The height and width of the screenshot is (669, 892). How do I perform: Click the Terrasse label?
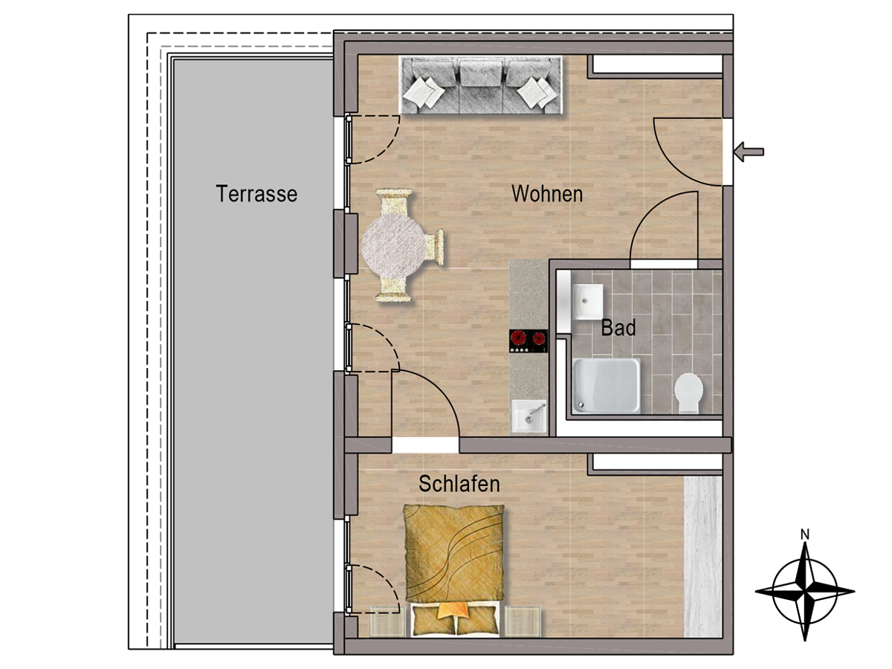tap(256, 193)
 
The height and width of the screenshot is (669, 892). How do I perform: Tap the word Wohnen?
tap(547, 193)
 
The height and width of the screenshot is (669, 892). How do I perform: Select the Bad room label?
tap(618, 327)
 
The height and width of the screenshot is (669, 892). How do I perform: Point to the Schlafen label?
tap(459, 484)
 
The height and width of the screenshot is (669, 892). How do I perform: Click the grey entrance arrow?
tap(749, 152)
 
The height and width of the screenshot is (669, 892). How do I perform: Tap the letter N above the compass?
tap(804, 534)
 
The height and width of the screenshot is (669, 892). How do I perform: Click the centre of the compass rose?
tap(804, 591)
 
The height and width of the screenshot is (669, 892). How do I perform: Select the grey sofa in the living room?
tap(481, 85)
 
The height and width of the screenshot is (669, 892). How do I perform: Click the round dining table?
tap(394, 246)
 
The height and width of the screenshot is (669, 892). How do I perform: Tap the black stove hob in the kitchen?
tap(529, 340)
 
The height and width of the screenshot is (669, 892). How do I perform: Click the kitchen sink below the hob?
tap(529, 416)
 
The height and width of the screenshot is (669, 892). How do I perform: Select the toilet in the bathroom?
tap(688, 392)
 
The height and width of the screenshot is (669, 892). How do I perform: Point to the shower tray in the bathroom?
tap(606, 385)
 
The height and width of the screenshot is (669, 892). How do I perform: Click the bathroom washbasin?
tap(587, 301)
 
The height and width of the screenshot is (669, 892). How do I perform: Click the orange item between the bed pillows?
tap(453, 610)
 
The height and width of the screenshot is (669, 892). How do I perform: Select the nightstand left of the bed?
tap(388, 621)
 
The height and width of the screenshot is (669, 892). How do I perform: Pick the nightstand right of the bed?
tap(523, 621)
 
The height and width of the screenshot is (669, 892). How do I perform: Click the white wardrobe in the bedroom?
tap(703, 557)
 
